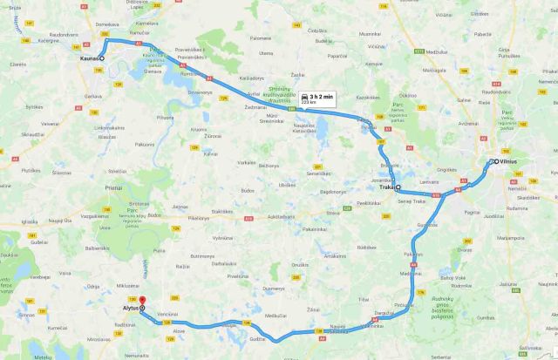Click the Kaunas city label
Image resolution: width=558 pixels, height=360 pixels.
click(x=87, y=58)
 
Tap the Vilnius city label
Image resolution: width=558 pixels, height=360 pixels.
click(x=508, y=161)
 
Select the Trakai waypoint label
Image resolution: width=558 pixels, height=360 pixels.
click(x=385, y=187)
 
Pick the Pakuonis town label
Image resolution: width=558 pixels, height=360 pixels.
click(x=145, y=145)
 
